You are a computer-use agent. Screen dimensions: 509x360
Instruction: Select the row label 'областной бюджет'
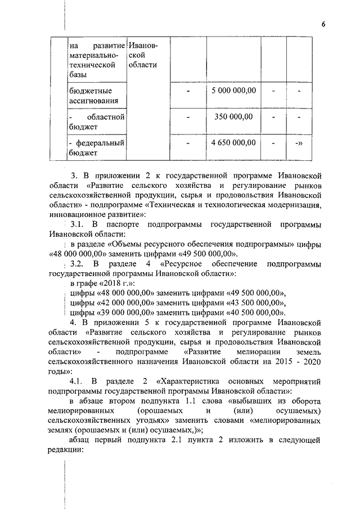click(96, 121)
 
